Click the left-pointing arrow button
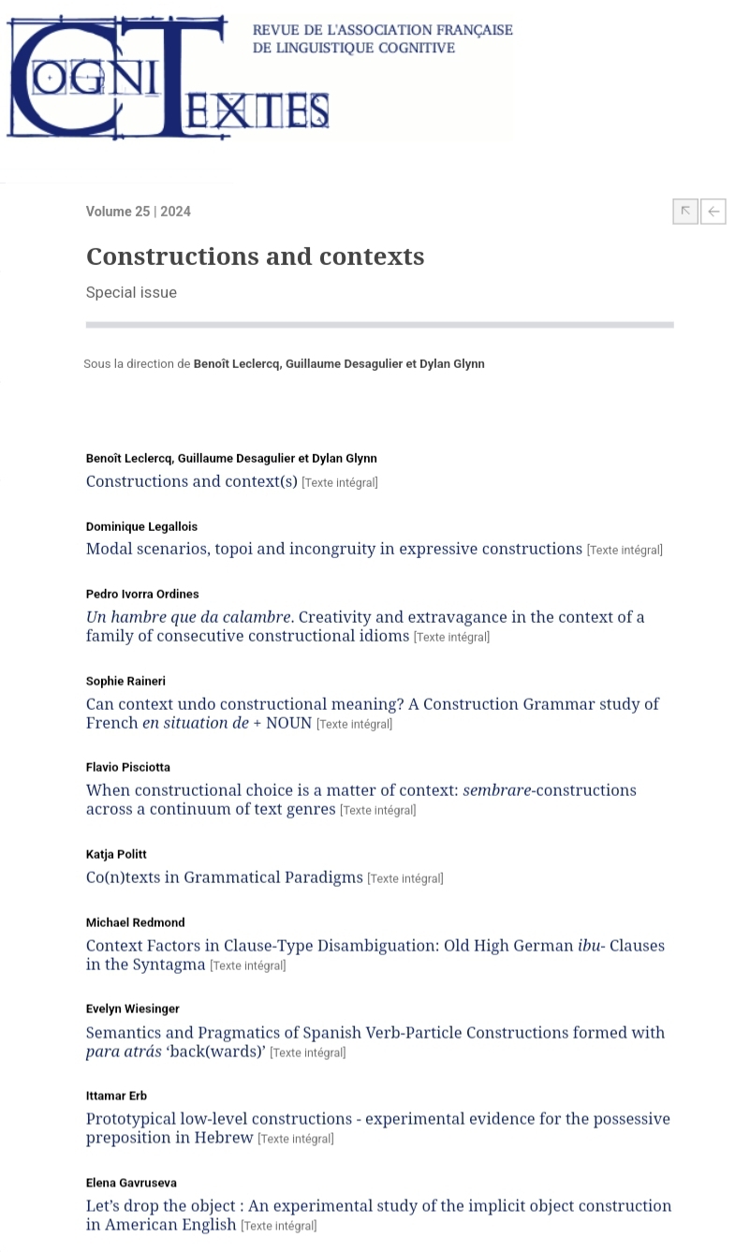coord(713,212)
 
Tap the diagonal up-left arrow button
coord(685,212)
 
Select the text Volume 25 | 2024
coord(138,212)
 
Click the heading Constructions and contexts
coord(255,257)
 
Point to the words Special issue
coord(131,292)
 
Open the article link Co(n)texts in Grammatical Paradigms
coord(224,877)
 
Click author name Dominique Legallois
coord(141,526)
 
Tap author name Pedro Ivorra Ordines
coord(142,594)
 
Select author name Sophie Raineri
coord(125,681)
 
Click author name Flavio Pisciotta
coord(128,767)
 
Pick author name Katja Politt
coord(116,854)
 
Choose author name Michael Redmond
coord(135,922)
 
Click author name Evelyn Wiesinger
coord(133,1009)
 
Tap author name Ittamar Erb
coord(116,1096)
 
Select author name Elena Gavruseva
coord(131,1183)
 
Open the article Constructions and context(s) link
coord(191,481)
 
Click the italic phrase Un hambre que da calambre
coord(188,617)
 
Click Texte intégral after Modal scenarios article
coord(625,551)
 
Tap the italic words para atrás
coord(123,1052)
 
